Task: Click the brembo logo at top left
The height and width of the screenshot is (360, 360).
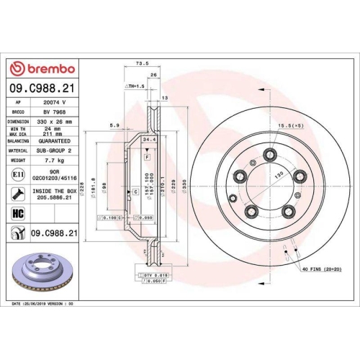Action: tap(41, 68)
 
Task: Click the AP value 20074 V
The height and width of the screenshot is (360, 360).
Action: tap(55, 103)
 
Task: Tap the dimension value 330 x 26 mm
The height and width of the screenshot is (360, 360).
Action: tap(55, 122)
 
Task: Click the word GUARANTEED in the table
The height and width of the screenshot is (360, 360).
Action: tap(55, 143)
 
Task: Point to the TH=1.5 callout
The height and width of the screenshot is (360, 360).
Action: tap(135, 86)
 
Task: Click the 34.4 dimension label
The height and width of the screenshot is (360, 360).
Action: tap(149, 139)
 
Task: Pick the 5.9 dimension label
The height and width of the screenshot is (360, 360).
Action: tap(113, 126)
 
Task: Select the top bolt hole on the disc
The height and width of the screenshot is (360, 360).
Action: tap(271, 153)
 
